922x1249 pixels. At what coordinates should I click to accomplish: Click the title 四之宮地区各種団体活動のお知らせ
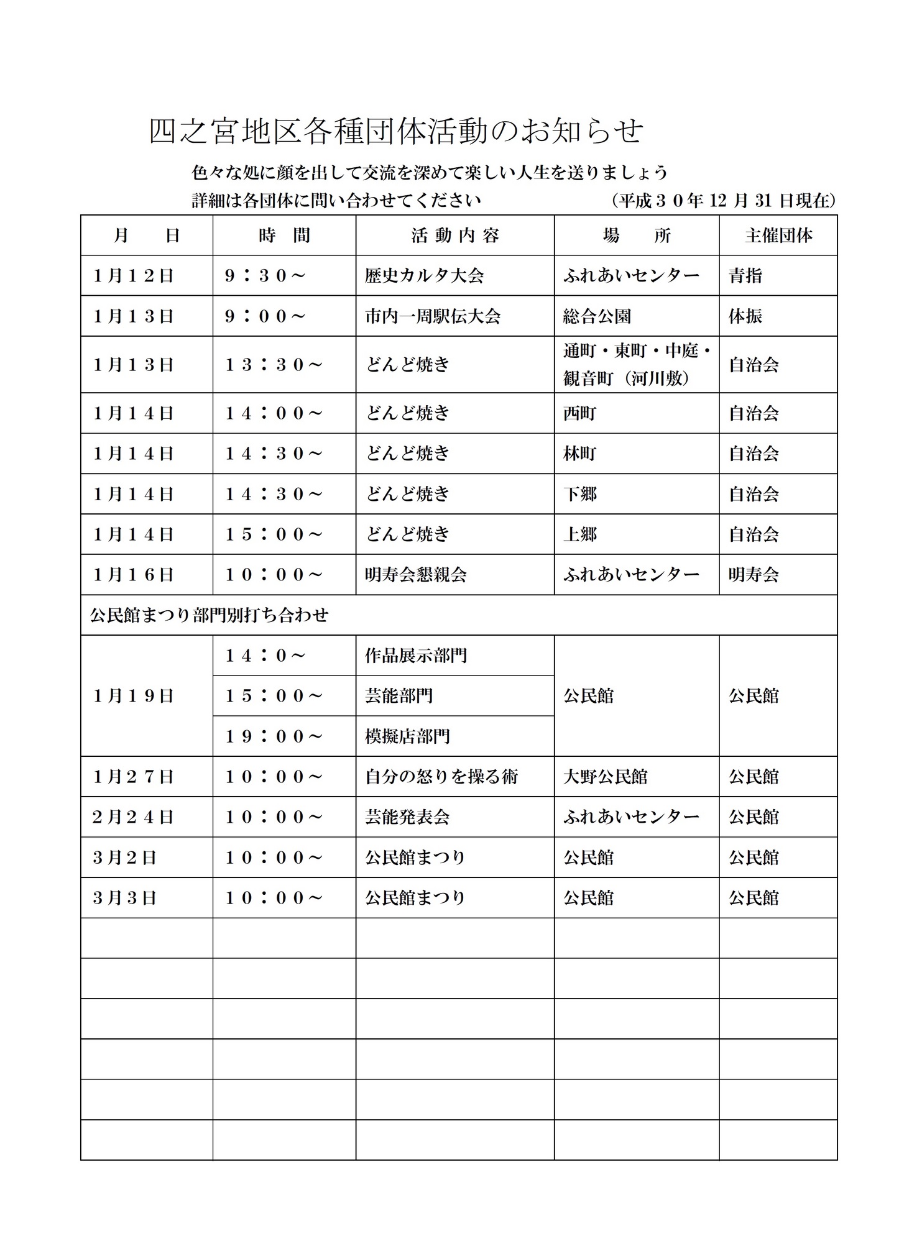tap(396, 131)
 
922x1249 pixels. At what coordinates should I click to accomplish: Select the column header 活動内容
tap(455, 236)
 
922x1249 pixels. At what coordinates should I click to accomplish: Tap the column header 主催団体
tap(778, 236)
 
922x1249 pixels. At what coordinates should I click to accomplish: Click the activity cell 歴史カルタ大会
tap(425, 276)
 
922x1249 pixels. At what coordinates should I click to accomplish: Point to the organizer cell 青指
tap(745, 276)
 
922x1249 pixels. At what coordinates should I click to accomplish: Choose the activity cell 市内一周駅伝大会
tap(433, 316)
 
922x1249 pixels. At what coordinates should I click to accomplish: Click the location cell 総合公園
tap(597, 316)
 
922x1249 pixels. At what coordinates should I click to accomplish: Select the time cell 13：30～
tap(274, 365)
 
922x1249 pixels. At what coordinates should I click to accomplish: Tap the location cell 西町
tap(579, 413)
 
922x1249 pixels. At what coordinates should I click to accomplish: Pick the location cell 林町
tap(579, 454)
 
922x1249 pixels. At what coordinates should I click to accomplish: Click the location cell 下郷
tap(579, 494)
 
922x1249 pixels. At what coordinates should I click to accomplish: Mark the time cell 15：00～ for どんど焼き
tap(274, 534)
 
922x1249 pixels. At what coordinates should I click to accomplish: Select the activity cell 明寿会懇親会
tap(416, 575)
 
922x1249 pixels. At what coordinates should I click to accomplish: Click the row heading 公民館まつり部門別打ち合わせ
tap(210, 615)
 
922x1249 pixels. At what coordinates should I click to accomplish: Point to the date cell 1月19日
tap(133, 696)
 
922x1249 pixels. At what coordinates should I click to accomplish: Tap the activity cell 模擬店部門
tap(407, 736)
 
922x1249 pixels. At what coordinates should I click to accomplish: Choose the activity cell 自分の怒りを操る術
tap(441, 777)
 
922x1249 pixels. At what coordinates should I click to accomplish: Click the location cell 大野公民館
tap(606, 777)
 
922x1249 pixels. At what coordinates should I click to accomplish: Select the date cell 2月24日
tap(133, 817)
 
